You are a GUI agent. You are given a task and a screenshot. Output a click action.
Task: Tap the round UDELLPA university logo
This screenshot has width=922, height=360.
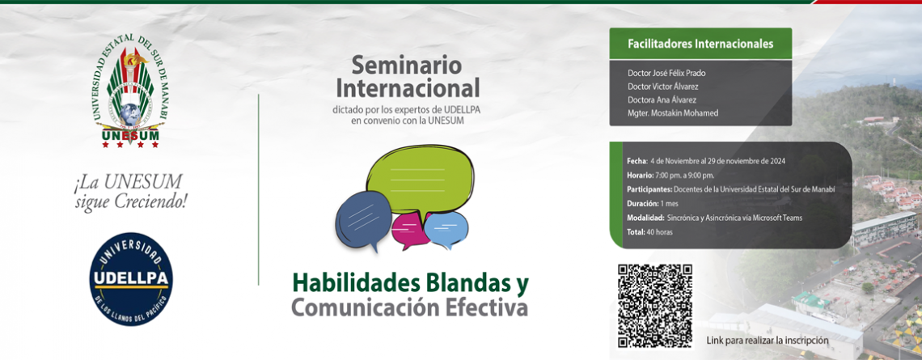130,279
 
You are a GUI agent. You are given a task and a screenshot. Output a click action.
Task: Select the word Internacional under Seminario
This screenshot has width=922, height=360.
408,88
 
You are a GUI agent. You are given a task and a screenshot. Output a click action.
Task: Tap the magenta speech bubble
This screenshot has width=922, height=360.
408,230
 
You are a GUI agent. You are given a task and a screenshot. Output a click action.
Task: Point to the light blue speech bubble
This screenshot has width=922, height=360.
446,228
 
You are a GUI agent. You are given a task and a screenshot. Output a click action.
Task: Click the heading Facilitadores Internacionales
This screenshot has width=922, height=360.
700,44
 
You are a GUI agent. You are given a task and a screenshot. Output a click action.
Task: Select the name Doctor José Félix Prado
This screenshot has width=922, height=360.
666,74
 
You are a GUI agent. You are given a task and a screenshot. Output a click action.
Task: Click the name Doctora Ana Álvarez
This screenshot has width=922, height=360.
662,100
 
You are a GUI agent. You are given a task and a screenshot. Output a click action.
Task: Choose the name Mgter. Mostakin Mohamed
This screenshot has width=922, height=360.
673,113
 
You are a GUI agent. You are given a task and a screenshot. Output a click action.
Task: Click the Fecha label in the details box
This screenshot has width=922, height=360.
637,161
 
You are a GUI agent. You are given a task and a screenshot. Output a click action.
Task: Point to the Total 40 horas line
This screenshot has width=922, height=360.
649,232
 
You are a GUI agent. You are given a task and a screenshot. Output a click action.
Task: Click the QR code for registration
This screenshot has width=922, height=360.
654,305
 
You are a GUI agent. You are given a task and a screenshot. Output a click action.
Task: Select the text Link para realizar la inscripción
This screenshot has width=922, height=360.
768,340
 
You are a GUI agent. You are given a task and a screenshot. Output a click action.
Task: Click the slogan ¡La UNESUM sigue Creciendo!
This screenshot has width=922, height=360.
130,192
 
